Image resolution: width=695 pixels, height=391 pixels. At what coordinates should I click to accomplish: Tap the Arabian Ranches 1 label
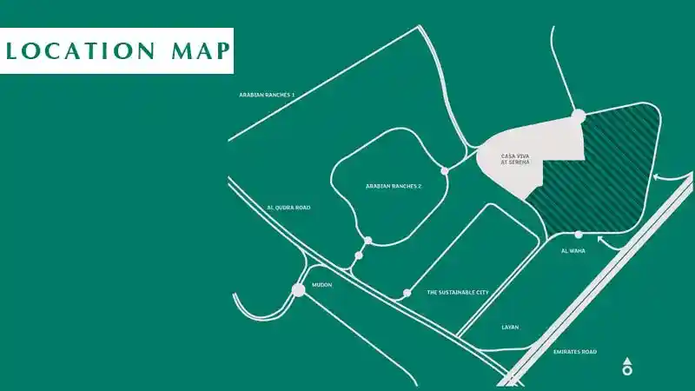(268, 94)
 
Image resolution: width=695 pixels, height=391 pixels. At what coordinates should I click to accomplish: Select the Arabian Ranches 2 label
(394, 186)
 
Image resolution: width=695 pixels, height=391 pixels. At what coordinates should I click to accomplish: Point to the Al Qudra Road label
(288, 208)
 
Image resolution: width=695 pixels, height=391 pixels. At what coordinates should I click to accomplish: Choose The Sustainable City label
(458, 293)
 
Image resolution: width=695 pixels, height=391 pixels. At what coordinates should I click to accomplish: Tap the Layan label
(510, 328)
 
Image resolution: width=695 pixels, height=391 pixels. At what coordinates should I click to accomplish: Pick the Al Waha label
(574, 251)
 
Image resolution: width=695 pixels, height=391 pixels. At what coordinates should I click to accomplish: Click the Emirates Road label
(575, 352)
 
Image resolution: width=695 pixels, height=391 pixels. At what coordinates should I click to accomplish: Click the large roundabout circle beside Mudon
(299, 289)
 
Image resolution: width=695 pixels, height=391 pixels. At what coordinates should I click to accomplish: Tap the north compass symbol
(627, 367)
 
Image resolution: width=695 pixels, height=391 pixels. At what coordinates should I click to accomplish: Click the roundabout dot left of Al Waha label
(579, 235)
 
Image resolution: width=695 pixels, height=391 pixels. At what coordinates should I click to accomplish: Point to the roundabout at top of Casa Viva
(578, 115)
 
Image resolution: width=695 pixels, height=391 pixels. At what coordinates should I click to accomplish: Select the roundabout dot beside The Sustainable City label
(407, 293)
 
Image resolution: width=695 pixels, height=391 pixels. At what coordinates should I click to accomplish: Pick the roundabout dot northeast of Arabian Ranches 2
(445, 171)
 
